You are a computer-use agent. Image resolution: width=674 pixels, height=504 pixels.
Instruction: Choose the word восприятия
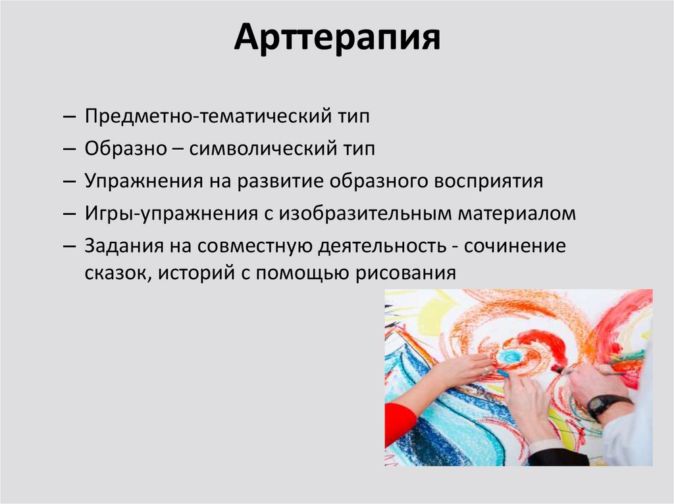(x=488, y=181)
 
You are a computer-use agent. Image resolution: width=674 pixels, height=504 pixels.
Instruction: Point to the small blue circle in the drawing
(x=508, y=357)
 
